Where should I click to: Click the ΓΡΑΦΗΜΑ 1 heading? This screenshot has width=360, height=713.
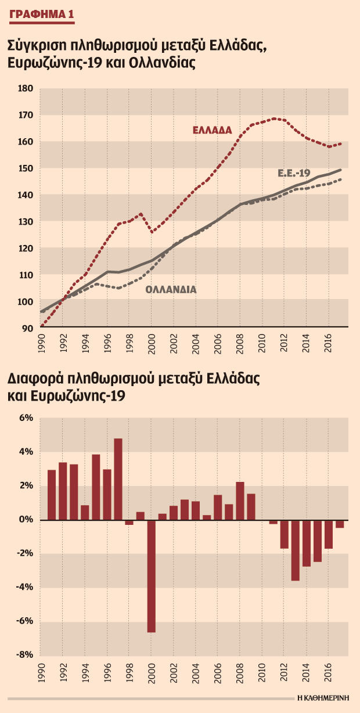[42, 15]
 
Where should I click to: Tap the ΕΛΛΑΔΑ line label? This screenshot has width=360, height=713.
[213, 130]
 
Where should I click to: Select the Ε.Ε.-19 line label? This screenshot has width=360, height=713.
[294, 173]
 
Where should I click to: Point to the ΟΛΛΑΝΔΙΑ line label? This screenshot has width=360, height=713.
[171, 290]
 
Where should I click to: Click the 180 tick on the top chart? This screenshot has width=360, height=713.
[26, 88]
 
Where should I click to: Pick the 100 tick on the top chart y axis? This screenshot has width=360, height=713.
[26, 301]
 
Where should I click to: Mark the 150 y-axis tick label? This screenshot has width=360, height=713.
[26, 168]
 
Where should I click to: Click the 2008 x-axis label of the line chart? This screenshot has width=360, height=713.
[240, 344]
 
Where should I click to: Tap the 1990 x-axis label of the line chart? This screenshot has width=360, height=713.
[41, 344]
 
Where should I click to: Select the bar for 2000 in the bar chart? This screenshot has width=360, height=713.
[151, 576]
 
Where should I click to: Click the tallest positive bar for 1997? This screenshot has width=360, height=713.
[118, 480]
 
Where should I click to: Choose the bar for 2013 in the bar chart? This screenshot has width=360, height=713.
[296, 550]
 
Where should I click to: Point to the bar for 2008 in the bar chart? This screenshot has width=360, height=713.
[240, 501]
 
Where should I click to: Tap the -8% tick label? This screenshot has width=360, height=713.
[25, 654]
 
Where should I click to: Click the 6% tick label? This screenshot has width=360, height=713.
[26, 418]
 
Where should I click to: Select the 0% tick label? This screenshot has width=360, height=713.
[26, 520]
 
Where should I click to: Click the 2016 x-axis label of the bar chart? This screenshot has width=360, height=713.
[329, 672]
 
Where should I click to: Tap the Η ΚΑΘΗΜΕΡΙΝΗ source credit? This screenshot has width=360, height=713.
[323, 697]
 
